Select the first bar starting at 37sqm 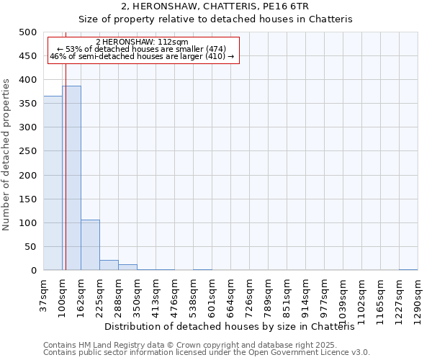click(53, 183)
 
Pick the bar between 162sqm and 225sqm click(90, 245)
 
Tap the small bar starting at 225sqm click(109, 265)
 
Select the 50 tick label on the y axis click(30, 247)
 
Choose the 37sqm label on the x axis click(43, 295)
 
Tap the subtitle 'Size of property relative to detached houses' click(215, 19)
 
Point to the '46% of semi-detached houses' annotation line click(142, 55)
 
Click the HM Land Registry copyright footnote click(190, 345)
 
